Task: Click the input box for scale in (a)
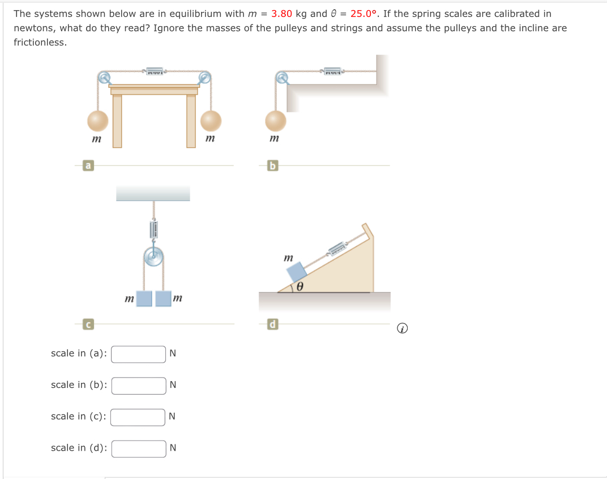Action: tap(139, 354)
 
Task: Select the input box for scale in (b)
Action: tap(139, 386)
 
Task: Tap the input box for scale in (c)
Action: tap(139, 417)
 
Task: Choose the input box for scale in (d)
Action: tap(139, 448)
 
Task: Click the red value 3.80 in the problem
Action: tap(281, 14)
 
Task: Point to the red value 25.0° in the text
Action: tap(364, 14)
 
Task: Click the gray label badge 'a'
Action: tap(88, 165)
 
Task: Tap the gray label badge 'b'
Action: tap(273, 165)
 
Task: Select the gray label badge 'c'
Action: tap(88, 324)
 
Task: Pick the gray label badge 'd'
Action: tap(273, 324)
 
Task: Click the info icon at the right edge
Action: tap(401, 328)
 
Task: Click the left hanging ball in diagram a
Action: tap(97, 120)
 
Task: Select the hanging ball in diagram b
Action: tap(276, 120)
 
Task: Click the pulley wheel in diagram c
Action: tap(153, 257)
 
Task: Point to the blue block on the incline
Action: tap(297, 272)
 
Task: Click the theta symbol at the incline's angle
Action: tap(300, 287)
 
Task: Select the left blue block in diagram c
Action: tap(144, 298)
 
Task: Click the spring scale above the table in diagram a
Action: tap(155, 71)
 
